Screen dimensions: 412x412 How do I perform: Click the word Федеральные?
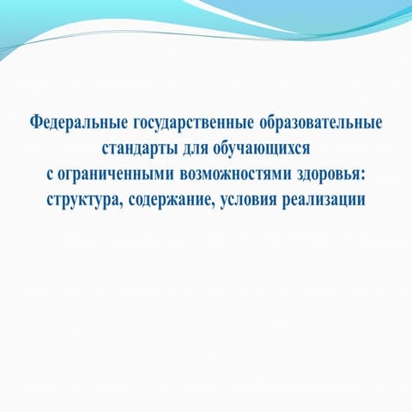click(x=71, y=123)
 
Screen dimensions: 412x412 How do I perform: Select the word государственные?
click(x=183, y=123)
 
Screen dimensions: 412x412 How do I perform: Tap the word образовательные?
click(x=318, y=123)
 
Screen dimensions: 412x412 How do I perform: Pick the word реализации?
click(x=332, y=200)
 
